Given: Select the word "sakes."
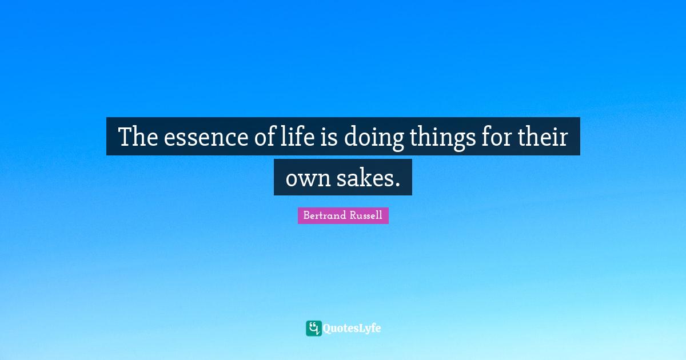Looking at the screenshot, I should tap(366, 178).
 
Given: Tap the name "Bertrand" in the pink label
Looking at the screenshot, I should tap(324, 216).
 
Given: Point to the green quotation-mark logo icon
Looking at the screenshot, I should tap(313, 328).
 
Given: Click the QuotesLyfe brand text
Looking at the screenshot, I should tap(352, 329).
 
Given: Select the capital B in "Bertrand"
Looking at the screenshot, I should tap(306, 216).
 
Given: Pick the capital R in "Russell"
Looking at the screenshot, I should tap(351, 216).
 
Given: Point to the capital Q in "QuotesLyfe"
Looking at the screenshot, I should tap(327, 329).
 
